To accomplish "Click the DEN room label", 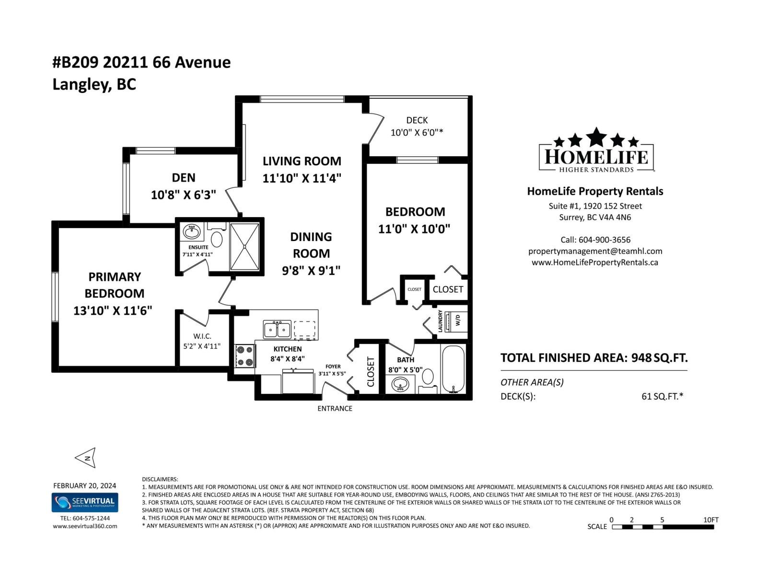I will click(184, 178).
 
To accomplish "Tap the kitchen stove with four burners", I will click(244, 356).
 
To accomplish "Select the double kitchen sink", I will click(277, 330).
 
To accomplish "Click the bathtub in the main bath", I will click(453, 369).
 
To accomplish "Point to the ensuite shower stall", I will click(244, 247).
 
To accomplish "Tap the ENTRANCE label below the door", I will click(335, 409).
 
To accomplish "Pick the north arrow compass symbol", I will click(86, 458).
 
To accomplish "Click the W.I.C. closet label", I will click(202, 336).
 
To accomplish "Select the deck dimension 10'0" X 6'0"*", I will click(417, 133).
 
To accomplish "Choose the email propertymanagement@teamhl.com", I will click(595, 251).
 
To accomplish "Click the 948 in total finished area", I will click(641, 358).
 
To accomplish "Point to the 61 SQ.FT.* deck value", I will click(662, 396).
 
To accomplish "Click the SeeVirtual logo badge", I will click(85, 503).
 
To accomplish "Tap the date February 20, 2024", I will click(84, 486).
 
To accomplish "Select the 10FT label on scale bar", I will click(711, 520).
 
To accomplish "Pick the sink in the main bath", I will click(400, 384).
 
